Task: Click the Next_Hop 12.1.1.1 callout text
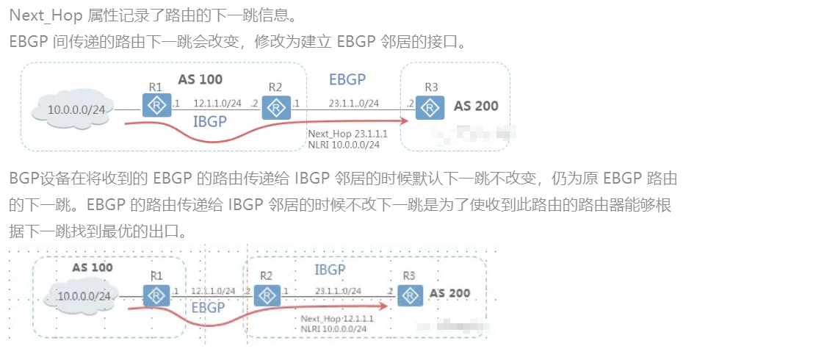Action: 337,319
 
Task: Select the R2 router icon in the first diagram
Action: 275,108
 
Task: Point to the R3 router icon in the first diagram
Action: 430,108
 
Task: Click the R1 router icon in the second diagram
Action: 156,295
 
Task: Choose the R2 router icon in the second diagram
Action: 267,295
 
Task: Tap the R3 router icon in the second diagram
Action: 411,295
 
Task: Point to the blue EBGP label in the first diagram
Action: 347,80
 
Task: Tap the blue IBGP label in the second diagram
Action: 330,270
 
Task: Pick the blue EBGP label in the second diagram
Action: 208,307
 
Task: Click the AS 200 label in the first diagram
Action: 476,106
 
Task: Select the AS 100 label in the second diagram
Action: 92,267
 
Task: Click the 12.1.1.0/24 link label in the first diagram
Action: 217,104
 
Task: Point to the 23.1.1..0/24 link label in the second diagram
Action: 338,291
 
